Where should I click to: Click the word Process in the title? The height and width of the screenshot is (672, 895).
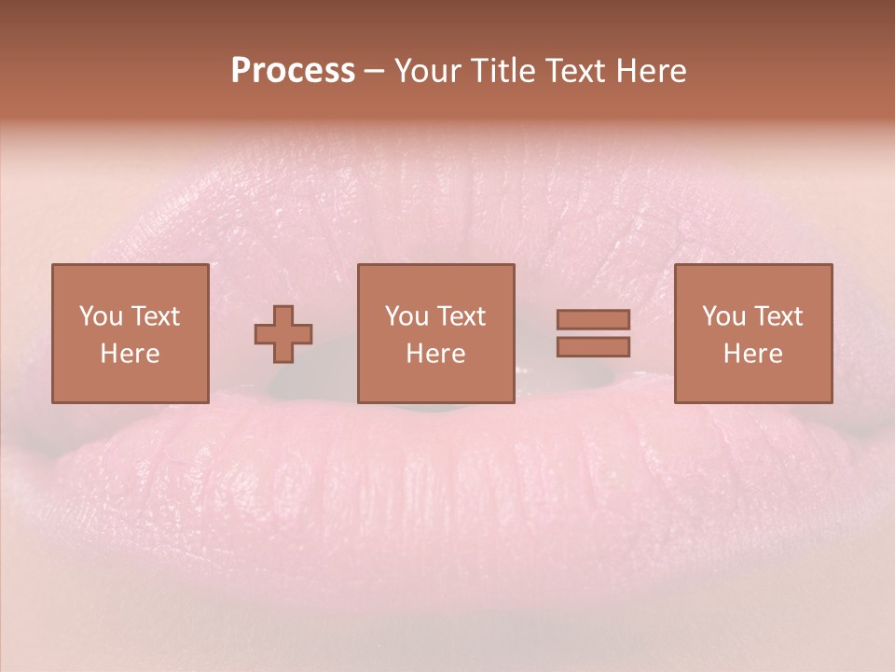point(293,71)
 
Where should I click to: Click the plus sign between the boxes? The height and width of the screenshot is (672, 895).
point(283,334)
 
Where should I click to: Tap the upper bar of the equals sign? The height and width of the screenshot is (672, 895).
point(593,320)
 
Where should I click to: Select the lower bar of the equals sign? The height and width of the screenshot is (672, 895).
point(593,347)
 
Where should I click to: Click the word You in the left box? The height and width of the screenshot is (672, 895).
point(101,316)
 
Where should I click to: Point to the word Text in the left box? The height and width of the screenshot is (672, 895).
point(154,316)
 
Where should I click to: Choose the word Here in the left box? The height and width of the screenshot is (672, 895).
point(130,354)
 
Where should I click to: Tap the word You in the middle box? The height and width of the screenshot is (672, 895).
point(406,316)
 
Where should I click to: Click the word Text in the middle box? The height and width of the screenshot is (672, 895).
point(461,316)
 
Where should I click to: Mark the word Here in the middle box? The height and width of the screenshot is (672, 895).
point(435,354)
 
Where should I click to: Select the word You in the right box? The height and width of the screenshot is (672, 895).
point(723,316)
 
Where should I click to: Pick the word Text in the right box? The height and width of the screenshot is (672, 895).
point(778,316)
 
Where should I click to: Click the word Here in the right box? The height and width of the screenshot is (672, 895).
point(752,354)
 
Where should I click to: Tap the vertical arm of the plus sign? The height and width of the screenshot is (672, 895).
point(283,314)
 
